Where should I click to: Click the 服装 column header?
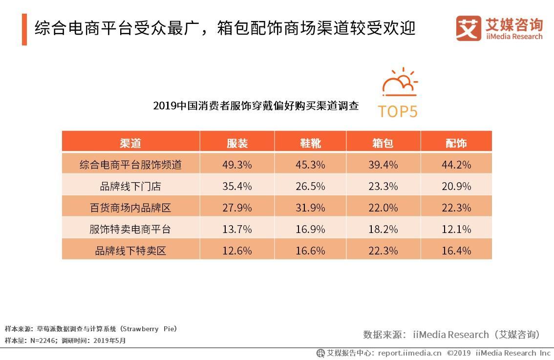(x=237, y=143)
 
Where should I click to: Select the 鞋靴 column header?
(x=310, y=143)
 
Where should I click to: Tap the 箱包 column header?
(x=383, y=143)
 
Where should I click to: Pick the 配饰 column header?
(x=456, y=143)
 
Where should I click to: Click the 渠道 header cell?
(x=130, y=143)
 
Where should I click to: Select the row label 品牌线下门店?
(x=130, y=186)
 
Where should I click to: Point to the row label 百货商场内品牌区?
(x=130, y=208)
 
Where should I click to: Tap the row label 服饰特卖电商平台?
(x=130, y=229)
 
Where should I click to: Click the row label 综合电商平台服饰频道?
(x=130, y=165)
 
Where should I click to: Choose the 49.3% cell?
(x=237, y=165)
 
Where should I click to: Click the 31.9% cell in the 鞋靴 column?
(x=310, y=208)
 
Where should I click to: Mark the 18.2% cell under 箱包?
(x=383, y=229)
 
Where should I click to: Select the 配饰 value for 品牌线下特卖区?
(x=456, y=251)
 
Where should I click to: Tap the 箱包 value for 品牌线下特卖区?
(x=383, y=251)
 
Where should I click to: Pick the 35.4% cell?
(x=237, y=186)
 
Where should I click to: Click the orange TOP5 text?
(x=398, y=111)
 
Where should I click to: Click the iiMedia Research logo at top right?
(x=499, y=28)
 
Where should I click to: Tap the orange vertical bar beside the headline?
(x=24, y=30)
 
